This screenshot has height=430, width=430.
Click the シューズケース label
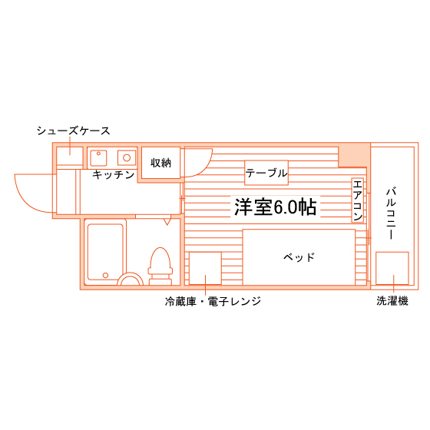[x=73, y=131]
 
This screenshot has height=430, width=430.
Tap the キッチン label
[x=114, y=174]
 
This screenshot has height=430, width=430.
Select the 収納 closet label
[x=160, y=163]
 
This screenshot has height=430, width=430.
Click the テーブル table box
[x=266, y=173]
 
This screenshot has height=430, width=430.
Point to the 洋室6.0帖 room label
[x=275, y=207]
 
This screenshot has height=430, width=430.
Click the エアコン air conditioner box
[x=357, y=200]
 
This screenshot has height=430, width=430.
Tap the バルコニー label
[x=391, y=213]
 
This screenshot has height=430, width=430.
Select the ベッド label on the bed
[x=299, y=257]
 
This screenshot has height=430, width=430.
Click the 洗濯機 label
[x=392, y=301]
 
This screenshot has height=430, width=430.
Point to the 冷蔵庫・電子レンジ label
[x=213, y=301]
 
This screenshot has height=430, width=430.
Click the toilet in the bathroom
[x=160, y=266]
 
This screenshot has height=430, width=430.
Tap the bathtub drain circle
[x=105, y=275]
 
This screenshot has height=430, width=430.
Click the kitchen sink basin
[x=98, y=157]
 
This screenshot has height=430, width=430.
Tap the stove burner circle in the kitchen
[x=127, y=157]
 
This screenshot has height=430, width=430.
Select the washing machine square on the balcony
[x=392, y=268]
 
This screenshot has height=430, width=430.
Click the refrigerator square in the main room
[x=205, y=268]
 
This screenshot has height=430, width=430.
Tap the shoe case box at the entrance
[x=70, y=156]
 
